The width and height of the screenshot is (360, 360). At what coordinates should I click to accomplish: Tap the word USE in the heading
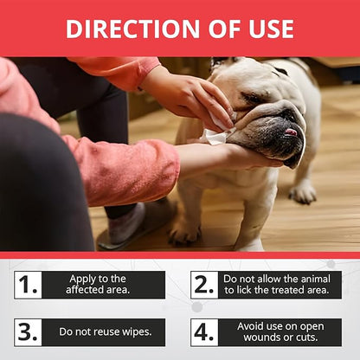click(272, 29)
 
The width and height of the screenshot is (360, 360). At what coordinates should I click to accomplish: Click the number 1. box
click(28, 285)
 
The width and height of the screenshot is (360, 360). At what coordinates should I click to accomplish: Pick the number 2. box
click(204, 285)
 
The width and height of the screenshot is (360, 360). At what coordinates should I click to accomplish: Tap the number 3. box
click(28, 332)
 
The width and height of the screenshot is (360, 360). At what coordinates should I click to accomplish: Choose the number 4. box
click(204, 332)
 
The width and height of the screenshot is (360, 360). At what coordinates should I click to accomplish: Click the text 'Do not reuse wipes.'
click(106, 331)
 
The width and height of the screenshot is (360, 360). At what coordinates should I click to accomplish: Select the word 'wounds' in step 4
click(260, 337)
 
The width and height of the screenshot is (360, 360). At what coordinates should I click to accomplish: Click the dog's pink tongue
click(291, 132)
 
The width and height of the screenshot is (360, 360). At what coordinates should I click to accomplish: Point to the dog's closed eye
click(252, 99)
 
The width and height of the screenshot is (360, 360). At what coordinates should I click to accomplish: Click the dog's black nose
click(291, 116)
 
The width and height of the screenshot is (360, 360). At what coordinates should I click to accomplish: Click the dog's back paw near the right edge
click(303, 193)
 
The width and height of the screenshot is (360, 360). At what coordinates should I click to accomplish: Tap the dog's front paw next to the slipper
click(184, 231)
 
